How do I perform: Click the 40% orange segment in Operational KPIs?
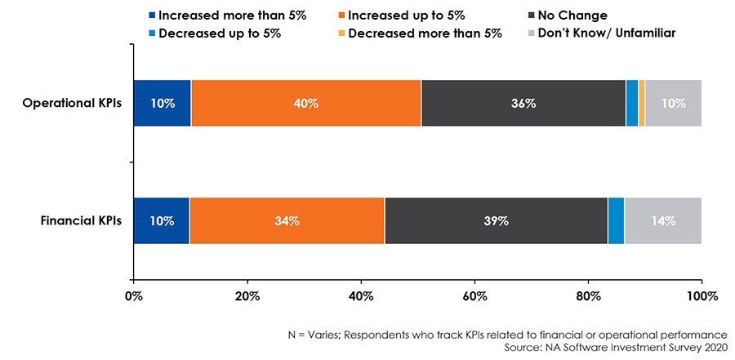[306, 104]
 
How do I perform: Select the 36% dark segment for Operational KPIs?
[523, 104]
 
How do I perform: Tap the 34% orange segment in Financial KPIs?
[287, 220]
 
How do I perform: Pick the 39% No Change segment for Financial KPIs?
[496, 220]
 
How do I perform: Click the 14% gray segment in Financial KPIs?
[662, 220]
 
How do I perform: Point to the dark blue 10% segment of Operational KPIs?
[162, 104]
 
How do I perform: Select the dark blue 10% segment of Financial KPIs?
[161, 220]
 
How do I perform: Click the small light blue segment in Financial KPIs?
[616, 220]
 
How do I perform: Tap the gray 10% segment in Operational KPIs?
[673, 104]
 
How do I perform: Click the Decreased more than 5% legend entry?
[419, 33]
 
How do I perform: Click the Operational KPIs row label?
[73, 104]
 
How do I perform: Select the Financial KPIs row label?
[80, 220]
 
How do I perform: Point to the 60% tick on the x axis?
[474, 295]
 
